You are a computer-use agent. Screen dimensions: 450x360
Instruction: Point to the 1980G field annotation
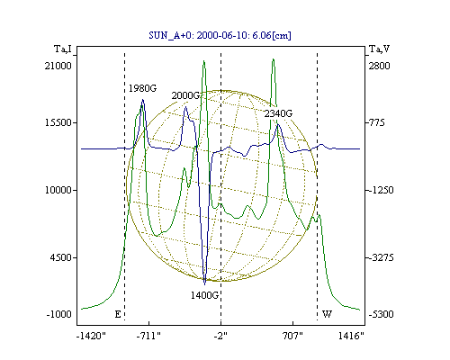[142, 88]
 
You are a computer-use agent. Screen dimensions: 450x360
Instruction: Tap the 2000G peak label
[185, 95]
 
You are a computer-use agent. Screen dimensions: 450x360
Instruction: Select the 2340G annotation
[278, 113]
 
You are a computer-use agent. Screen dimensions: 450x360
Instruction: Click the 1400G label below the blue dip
[204, 295]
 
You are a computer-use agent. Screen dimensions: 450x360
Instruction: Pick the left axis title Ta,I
[63, 49]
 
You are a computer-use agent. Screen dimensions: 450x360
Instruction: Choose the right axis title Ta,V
[379, 49]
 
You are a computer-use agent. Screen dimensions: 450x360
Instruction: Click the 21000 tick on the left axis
[58, 66]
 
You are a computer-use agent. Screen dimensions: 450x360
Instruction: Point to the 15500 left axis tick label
[58, 122]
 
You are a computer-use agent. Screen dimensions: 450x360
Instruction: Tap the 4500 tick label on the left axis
[61, 257]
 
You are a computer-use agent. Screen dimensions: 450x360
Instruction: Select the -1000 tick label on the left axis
[58, 314]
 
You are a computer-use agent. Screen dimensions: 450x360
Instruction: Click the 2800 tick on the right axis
[379, 66]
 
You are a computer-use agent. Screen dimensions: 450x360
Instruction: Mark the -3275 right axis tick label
[382, 257]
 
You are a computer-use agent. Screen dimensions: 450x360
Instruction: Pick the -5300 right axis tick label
[382, 314]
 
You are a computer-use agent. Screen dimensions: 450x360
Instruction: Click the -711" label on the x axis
[148, 336]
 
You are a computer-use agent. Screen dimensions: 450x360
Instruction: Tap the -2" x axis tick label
[220, 336]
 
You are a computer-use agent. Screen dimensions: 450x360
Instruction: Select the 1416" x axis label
[351, 336]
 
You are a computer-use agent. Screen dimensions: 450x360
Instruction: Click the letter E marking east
[118, 314]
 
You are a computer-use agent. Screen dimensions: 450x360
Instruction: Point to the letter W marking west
[327, 314]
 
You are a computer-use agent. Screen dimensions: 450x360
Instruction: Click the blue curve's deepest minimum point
[205, 283]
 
